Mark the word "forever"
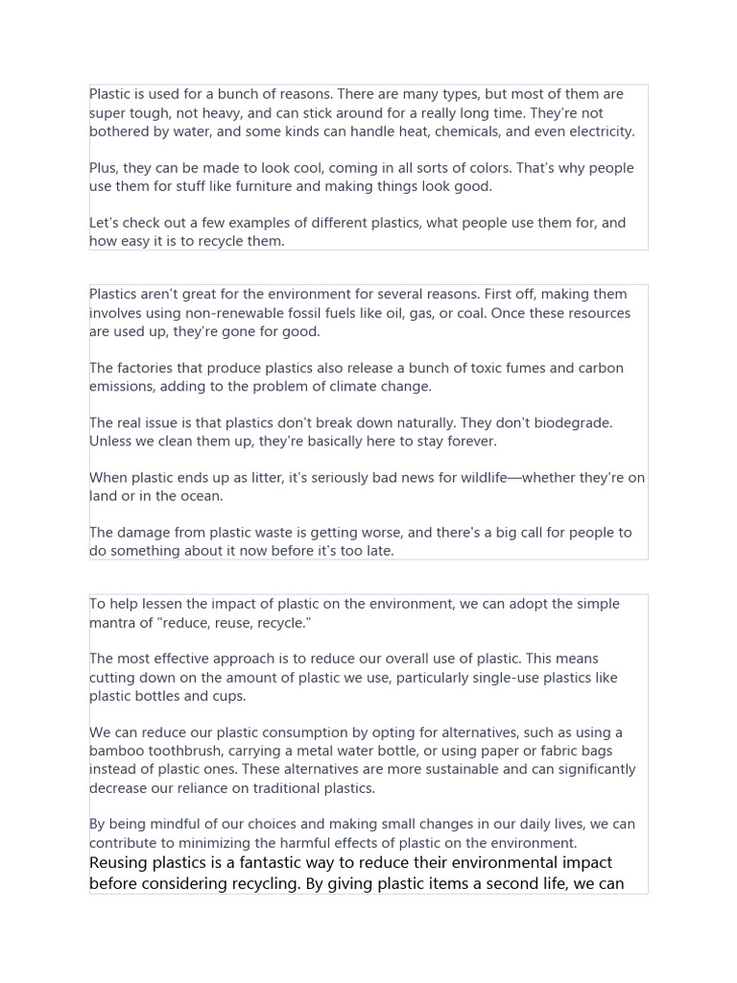[471, 442]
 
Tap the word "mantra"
[115, 623]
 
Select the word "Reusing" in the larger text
[119, 862]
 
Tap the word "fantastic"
[287, 862]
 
